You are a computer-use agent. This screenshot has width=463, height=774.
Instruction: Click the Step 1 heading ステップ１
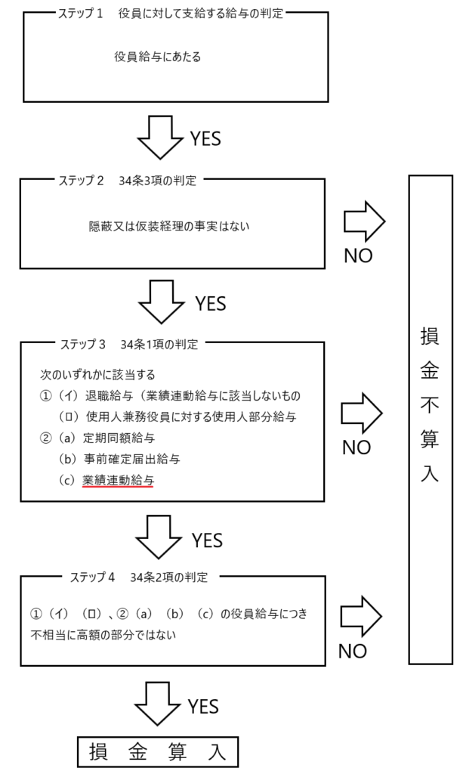81,14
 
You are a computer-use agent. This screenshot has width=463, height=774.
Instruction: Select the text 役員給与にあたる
157,57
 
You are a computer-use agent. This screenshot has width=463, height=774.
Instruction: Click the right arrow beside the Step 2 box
364,221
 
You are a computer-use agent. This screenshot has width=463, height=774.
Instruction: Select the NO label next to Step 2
358,256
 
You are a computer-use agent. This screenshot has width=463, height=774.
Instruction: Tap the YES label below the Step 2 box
210,303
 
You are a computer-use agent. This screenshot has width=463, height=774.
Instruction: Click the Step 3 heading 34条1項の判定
159,344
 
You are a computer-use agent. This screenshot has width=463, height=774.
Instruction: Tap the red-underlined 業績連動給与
118,479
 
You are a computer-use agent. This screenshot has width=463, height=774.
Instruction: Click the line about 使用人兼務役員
179,416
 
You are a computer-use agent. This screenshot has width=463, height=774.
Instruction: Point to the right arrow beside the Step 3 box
363,413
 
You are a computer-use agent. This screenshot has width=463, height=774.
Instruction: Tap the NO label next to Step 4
352,651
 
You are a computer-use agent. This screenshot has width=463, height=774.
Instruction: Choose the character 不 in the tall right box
429,407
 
